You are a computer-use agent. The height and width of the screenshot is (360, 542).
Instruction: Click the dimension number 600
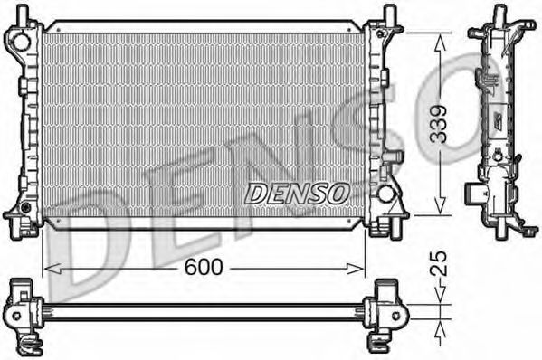pyautogui.click(x=204, y=268)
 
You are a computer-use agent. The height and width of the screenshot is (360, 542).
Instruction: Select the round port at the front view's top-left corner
pyautogui.click(x=15, y=40)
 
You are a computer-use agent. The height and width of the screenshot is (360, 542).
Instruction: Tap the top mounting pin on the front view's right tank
pyautogui.click(x=388, y=13)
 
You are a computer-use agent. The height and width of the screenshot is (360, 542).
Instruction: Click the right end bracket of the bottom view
pyautogui.click(x=387, y=312)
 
